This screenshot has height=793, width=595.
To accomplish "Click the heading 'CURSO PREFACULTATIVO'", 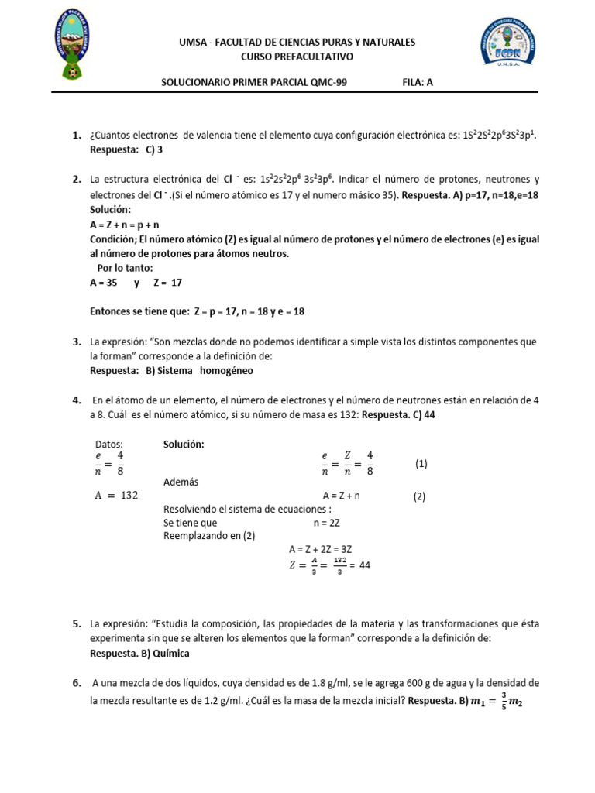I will pos(297,57).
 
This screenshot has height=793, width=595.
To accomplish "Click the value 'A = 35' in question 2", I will pos(104,283).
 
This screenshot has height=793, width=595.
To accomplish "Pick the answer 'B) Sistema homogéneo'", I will pos(199,371).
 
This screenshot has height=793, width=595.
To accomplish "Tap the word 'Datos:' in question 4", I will pos(109,445).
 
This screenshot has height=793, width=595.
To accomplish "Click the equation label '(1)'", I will pos(421,464).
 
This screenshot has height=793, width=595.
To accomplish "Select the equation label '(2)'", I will pos(419,497).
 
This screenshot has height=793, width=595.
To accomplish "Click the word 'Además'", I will pos(181,482).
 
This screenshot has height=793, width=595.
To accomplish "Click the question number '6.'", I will pos(77,683).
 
